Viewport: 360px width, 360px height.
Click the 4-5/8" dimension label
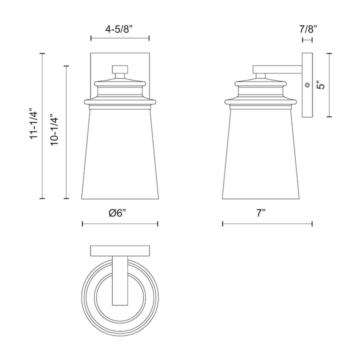[x=120, y=29]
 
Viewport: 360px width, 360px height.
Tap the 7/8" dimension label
[x=307, y=29]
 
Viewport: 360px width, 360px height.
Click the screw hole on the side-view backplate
[x=307, y=86]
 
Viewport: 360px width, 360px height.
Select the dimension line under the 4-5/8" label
[x=120, y=38]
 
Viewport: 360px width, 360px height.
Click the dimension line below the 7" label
[x=267, y=223]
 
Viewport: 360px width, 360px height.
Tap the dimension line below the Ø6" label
[x=120, y=223]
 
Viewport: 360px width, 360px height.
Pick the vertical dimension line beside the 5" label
[x=329, y=85]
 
